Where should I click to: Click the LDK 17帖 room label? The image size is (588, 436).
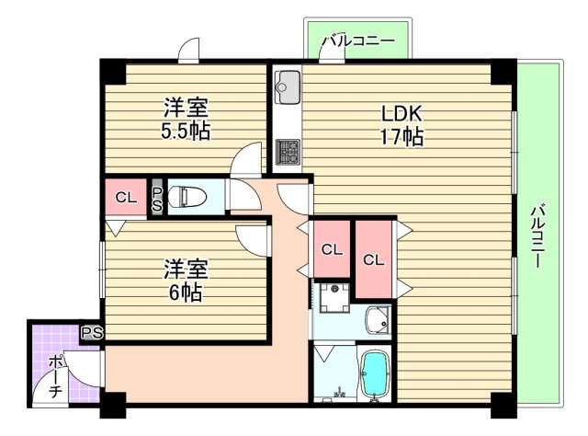point(401,125)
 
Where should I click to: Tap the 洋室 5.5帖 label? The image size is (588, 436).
point(187,119)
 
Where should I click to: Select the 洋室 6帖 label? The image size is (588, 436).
point(187,281)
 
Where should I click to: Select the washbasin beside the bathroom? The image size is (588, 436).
point(377,321)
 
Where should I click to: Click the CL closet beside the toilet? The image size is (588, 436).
point(127,197)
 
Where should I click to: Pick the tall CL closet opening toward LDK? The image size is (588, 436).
point(373,259)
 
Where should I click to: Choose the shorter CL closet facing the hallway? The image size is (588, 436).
point(332,248)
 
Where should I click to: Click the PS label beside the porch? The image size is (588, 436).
point(91,333)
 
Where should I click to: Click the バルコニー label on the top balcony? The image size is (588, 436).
point(357,41)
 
